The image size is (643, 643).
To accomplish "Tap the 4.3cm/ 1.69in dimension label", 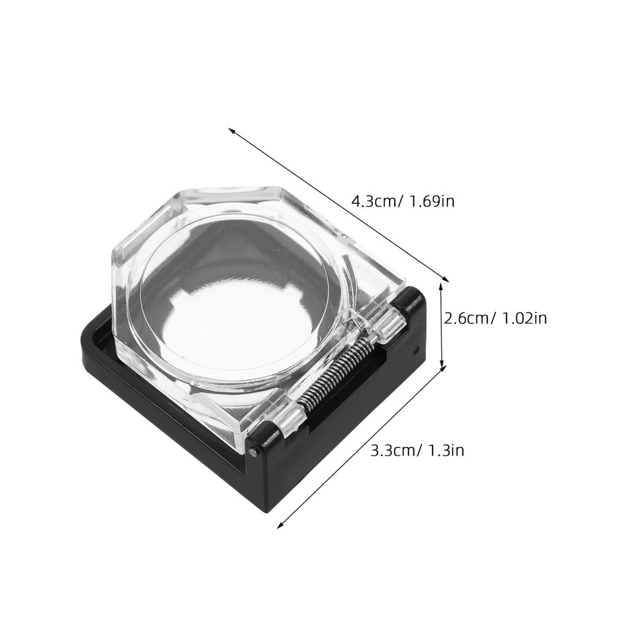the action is click(x=403, y=201).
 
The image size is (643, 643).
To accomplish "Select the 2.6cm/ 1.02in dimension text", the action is click(x=496, y=318).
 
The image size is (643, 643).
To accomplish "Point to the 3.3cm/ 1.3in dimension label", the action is click(x=417, y=450).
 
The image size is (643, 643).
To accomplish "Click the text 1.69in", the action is click(x=430, y=201).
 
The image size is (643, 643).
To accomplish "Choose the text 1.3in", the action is click(x=446, y=450).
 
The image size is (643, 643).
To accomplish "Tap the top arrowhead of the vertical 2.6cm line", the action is click(x=442, y=282).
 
